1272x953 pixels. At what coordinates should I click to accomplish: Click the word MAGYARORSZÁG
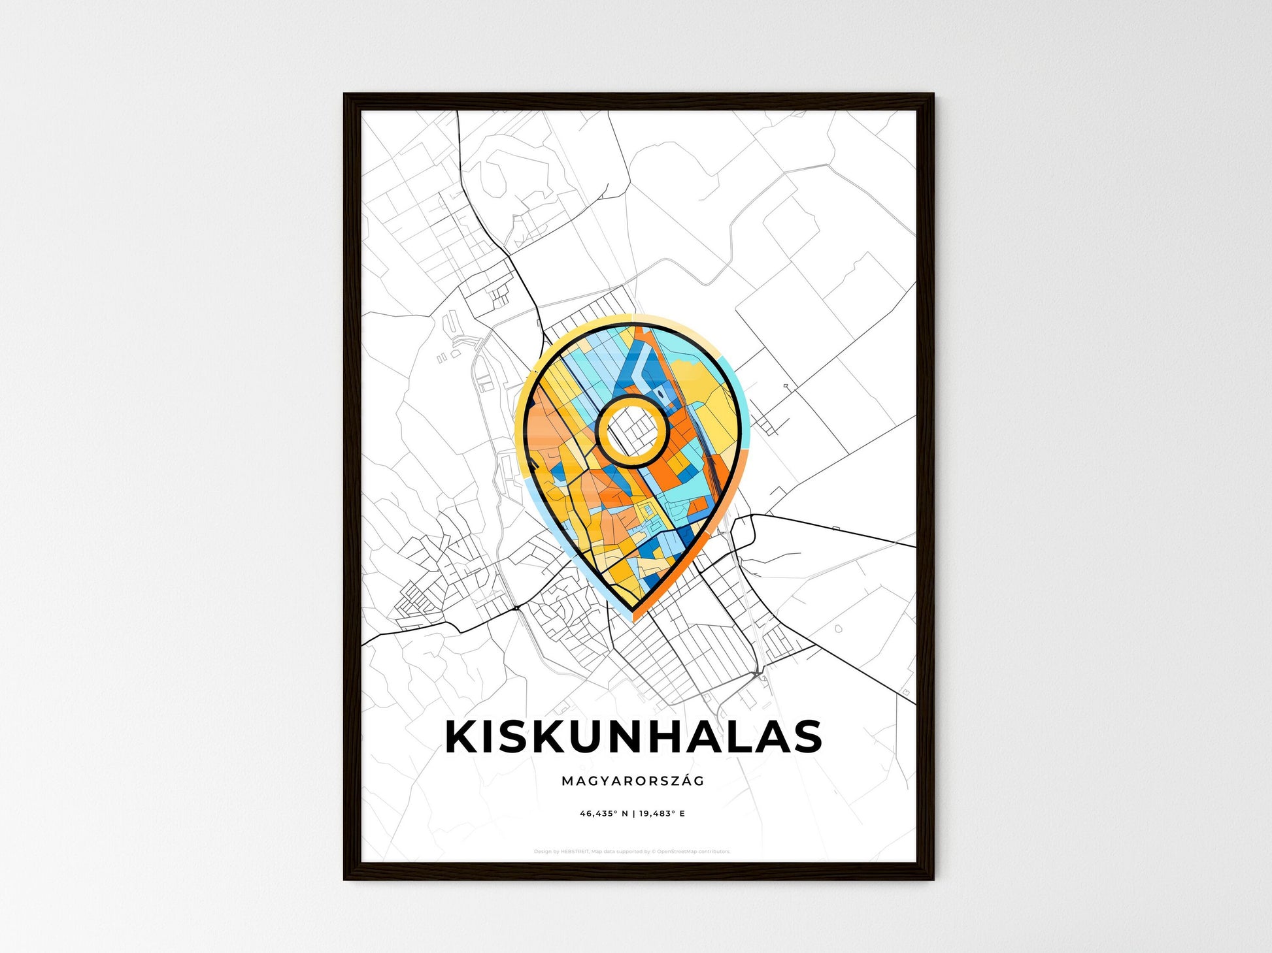tap(633, 781)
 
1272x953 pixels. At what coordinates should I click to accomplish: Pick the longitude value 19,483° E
tap(661, 814)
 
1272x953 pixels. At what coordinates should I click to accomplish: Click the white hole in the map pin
tap(631, 432)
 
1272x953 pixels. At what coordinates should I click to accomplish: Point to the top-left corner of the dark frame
tap(345, 95)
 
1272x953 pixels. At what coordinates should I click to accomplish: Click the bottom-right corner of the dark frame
tap(933, 879)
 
